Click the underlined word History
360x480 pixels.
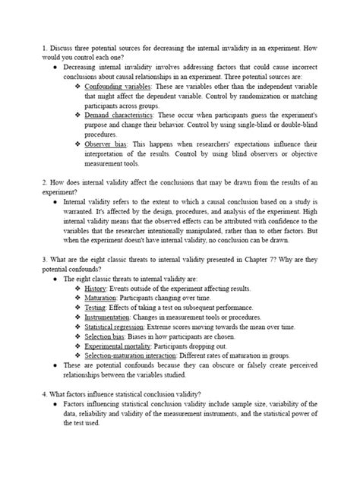(95, 289)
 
